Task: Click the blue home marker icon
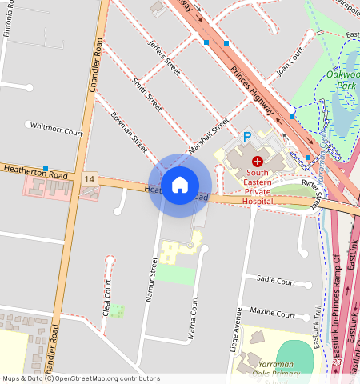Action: [x=180, y=185]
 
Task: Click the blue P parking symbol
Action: [x=247, y=138]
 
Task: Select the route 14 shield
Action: [x=88, y=179]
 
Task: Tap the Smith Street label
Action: [x=147, y=94]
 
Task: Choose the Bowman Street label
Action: [x=130, y=132]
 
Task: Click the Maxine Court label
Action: [x=273, y=310]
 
